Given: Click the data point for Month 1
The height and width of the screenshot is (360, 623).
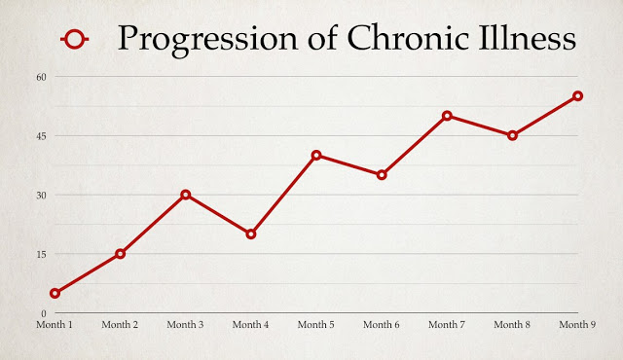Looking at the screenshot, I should pos(55,293).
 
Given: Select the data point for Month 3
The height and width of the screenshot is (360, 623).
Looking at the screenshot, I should pos(185,195).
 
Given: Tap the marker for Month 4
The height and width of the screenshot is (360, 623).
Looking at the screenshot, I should pos(250,234).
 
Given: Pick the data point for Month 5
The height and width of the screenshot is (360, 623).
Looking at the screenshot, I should pos(316,155).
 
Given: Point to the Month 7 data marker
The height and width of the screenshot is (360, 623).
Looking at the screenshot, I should pos(447,116).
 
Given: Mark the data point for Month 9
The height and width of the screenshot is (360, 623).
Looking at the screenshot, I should pos(577,95).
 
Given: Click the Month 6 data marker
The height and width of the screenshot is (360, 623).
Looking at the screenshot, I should pos(382,175).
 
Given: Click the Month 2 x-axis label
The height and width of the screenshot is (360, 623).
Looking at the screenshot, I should pos(120,324).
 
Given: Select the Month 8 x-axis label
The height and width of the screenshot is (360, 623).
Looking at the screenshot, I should pos(512,324).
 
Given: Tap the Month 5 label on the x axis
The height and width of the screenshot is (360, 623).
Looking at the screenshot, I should pos(316,324).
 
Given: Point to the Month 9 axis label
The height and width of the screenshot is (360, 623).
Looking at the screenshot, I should pos(577,324).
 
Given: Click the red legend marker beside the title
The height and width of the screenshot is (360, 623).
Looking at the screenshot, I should pos(75,39).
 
